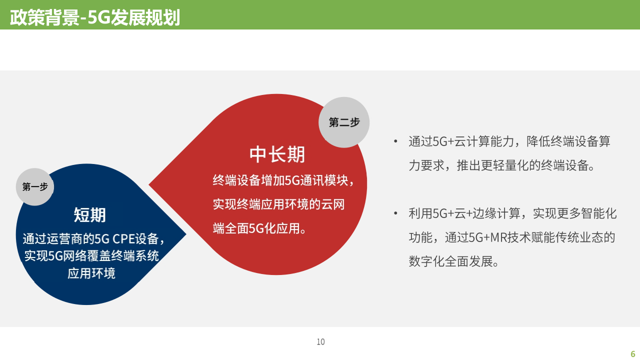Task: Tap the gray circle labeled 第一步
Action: (x=35, y=186)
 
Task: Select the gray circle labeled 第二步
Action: (x=344, y=122)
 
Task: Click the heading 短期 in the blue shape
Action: (x=90, y=214)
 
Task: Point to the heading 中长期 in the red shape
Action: (x=277, y=154)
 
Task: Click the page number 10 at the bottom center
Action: (x=320, y=342)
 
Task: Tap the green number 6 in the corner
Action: (x=632, y=353)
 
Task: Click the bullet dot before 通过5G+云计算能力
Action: (x=396, y=141)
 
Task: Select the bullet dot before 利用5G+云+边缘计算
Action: (x=396, y=213)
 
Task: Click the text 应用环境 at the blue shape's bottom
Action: (x=91, y=273)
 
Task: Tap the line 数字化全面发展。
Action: (x=454, y=261)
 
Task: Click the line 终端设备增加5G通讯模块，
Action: (x=283, y=180)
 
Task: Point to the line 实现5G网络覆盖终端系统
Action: (x=91, y=256)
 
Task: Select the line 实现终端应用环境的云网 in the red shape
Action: (x=278, y=204)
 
